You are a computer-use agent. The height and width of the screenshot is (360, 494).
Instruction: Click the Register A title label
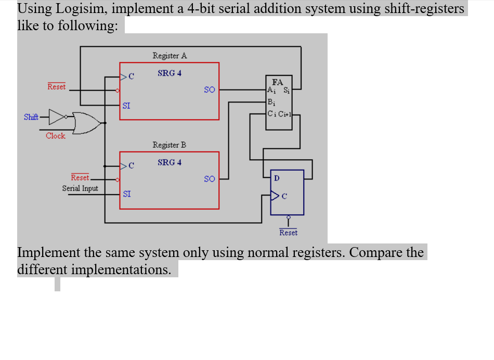point(170,56)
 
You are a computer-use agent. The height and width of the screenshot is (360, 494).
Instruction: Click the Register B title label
point(169,145)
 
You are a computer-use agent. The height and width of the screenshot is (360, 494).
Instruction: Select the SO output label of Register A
point(209,89)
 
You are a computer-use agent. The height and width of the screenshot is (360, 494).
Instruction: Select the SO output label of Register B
point(209,179)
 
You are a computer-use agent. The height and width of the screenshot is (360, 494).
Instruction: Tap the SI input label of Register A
point(126,106)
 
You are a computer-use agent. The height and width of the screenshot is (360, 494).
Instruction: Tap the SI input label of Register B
point(127,194)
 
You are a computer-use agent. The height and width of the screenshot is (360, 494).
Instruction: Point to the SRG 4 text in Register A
point(170,73)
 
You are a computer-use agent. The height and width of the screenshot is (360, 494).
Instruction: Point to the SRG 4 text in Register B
point(170,162)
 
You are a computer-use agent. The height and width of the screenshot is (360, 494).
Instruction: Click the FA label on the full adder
point(277,82)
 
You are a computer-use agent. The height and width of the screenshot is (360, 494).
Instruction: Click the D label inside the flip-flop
point(276,178)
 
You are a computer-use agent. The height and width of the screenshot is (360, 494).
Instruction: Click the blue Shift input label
point(31,117)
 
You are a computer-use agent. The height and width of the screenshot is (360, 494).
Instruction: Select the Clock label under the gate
point(55,136)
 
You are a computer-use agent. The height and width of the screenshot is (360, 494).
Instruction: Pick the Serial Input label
point(80,188)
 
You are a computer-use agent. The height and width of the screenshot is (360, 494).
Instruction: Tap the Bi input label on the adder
point(271,102)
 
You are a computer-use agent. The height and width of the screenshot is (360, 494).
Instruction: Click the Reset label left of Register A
point(57,87)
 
